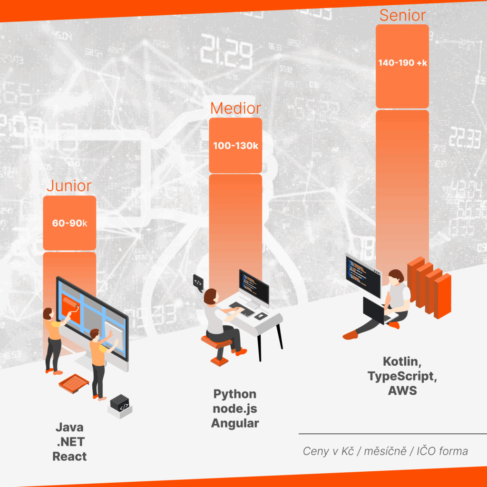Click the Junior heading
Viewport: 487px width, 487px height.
69,186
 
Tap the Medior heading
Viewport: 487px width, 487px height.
235,108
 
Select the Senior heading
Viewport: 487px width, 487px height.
402,15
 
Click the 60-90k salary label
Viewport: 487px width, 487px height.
69,223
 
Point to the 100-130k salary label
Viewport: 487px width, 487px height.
235,146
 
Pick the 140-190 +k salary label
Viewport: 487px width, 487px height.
402,63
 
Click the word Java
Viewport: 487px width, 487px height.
69,428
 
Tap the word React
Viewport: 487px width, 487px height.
69,456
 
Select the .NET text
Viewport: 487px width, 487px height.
70,442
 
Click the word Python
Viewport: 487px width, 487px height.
235,394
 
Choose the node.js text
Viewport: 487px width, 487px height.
235,409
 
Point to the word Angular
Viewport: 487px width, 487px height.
235,423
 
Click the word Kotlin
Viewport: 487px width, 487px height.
401,361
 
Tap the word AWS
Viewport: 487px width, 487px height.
402,390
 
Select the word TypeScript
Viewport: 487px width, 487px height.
402,376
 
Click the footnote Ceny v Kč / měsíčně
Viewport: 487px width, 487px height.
354,451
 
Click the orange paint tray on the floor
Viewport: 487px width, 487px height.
74,384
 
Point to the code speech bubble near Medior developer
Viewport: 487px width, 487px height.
198,282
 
